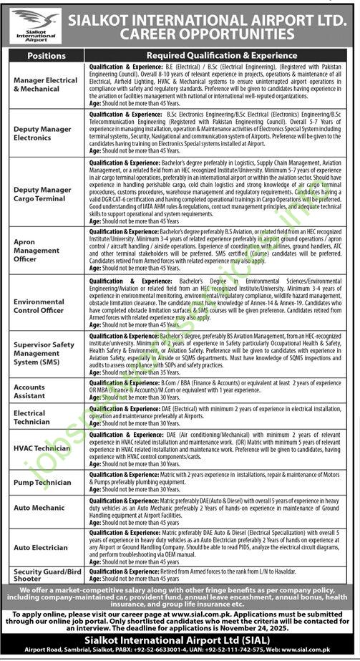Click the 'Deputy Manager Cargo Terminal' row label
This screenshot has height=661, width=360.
[x=43, y=193]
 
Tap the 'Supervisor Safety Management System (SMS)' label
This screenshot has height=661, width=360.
[x=43, y=353]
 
